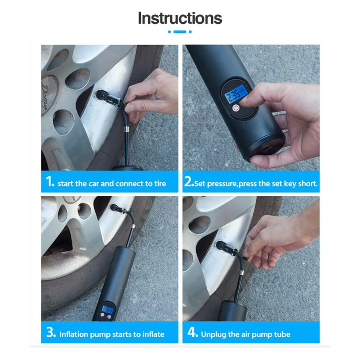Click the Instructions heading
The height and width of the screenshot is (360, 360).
pyautogui.click(x=180, y=18)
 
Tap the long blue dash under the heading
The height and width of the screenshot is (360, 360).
pyautogui.click(x=180, y=32)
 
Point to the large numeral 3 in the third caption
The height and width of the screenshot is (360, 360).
pyautogui.click(x=51, y=332)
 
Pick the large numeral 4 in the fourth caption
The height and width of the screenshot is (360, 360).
pyautogui.click(x=192, y=332)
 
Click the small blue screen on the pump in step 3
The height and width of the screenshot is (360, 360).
pyautogui.click(x=108, y=310)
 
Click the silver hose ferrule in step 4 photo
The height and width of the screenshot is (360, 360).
pyautogui.click(x=241, y=273)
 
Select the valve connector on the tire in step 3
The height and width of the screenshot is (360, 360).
pyautogui.click(x=118, y=209)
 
